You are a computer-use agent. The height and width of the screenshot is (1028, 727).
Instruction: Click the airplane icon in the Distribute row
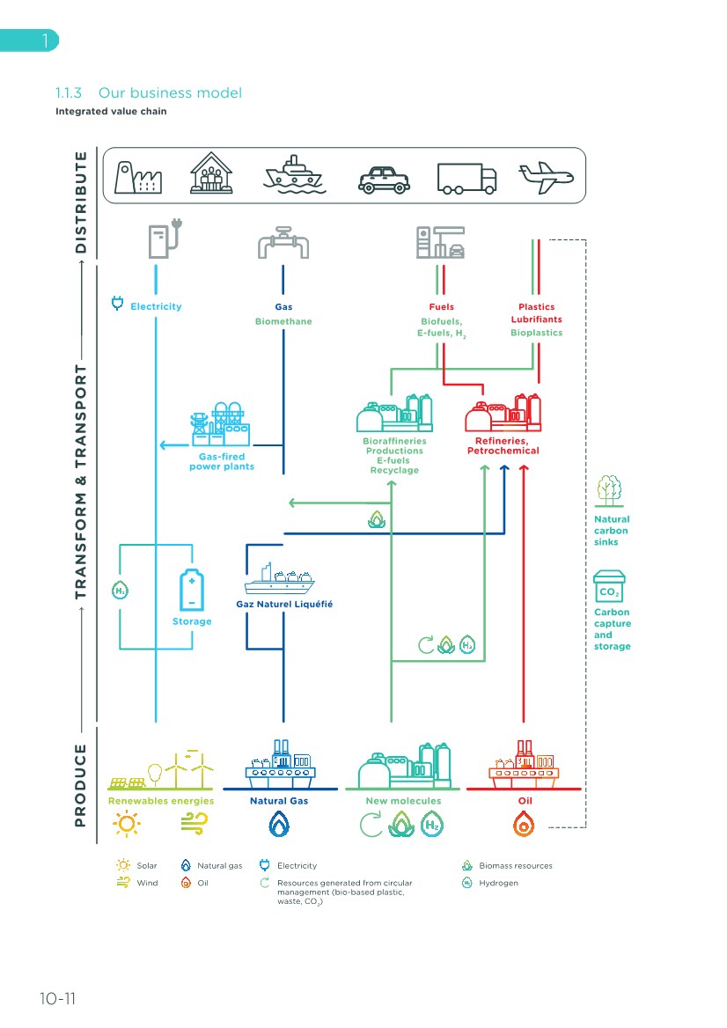(x=546, y=176)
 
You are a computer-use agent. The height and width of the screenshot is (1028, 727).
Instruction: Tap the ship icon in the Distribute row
(x=296, y=175)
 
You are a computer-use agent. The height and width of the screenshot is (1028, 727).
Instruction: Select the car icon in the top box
(x=384, y=179)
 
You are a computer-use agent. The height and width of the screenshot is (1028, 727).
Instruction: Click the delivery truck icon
(x=466, y=179)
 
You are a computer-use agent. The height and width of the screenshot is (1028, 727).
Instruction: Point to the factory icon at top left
(x=136, y=176)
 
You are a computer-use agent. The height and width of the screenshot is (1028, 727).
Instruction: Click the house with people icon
(x=212, y=175)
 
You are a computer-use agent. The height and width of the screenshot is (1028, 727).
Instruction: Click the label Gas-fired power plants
(x=222, y=461)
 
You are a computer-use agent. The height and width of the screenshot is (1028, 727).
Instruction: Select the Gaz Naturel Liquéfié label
(x=284, y=605)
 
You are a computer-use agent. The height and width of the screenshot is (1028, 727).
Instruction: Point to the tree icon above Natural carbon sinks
(x=610, y=488)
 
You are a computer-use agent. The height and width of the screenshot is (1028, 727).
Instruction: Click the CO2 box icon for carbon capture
(x=609, y=585)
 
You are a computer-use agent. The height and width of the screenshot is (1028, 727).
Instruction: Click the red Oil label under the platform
(x=524, y=801)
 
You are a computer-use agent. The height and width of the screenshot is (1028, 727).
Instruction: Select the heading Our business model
(x=170, y=92)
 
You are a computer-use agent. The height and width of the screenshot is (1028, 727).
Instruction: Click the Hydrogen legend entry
(x=498, y=883)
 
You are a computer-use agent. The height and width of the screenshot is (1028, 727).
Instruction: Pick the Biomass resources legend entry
(x=515, y=865)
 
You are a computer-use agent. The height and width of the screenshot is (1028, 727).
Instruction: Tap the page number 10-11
(x=57, y=999)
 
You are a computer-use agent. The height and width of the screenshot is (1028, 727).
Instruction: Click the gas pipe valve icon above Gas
(x=283, y=242)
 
